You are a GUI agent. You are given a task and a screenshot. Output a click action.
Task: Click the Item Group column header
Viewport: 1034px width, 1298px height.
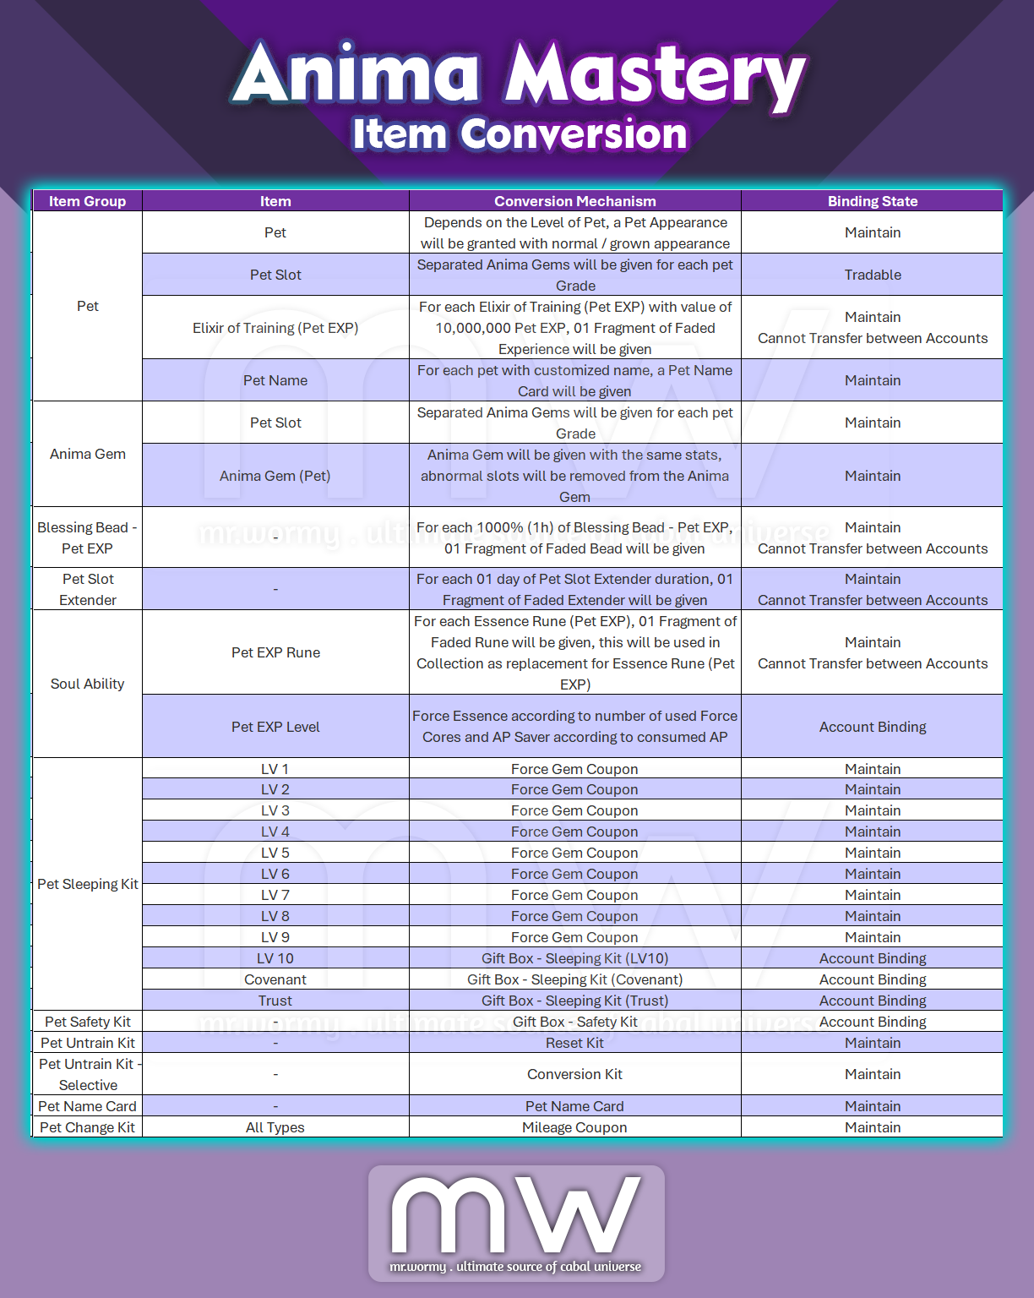87,201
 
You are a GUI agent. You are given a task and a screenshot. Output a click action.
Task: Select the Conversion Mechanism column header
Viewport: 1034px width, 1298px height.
574,201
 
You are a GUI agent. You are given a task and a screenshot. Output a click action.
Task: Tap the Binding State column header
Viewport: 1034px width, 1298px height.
872,201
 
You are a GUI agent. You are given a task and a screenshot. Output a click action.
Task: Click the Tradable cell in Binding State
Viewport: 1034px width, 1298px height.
872,275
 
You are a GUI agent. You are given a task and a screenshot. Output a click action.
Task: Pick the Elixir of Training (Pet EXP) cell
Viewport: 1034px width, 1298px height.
275,328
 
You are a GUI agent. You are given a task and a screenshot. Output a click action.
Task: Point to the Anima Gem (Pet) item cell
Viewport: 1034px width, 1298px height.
275,476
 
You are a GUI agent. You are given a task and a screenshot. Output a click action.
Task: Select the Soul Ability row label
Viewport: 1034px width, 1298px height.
87,684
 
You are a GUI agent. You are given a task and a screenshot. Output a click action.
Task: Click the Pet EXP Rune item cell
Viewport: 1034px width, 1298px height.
275,652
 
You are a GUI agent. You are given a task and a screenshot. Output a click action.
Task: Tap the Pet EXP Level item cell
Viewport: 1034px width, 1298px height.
275,727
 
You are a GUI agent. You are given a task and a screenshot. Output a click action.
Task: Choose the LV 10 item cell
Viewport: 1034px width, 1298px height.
275,958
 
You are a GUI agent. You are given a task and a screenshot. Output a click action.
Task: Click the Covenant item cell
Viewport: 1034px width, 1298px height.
275,979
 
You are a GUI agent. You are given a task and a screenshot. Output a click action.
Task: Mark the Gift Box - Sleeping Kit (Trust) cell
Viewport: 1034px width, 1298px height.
574,1001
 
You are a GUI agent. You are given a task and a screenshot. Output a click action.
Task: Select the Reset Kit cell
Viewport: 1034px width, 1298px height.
574,1043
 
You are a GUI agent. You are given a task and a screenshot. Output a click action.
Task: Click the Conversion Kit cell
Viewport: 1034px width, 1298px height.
574,1074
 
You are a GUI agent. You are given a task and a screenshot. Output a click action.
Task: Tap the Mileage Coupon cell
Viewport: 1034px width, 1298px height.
574,1127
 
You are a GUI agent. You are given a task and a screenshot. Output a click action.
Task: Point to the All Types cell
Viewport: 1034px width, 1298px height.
275,1127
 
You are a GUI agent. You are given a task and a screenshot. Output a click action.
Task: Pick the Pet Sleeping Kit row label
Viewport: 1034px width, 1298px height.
87,884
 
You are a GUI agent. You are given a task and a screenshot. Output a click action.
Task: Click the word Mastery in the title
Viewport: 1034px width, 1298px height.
655,76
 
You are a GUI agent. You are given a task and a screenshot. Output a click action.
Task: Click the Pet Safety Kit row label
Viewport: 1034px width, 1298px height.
87,1022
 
